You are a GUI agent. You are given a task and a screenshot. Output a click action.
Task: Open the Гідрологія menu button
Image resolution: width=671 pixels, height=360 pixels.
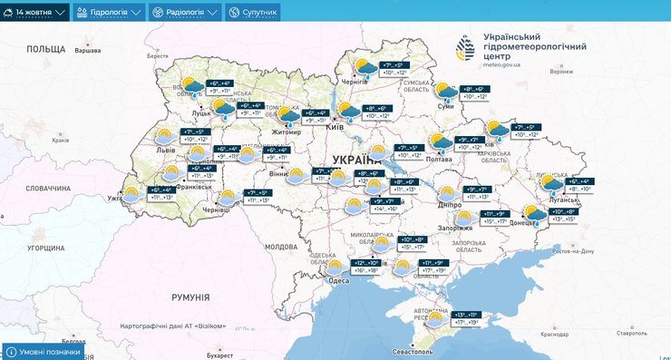109,13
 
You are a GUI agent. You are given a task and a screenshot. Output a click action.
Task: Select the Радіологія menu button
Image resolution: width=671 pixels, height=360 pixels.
185,13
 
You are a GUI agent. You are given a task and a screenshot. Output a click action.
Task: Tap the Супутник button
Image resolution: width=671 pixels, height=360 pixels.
253,13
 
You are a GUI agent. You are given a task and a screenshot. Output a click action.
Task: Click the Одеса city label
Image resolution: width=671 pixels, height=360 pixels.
339,281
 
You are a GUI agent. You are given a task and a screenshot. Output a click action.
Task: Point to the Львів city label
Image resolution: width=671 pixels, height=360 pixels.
166,148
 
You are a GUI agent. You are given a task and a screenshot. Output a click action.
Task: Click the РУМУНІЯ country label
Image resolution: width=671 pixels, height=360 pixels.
190,297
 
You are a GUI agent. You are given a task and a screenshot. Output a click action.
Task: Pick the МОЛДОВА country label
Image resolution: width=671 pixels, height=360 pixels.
280,246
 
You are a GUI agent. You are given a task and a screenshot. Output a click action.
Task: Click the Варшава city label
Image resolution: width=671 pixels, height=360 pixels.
86,50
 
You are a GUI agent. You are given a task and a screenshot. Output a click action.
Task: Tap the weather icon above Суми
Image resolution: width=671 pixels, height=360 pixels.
446,92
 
